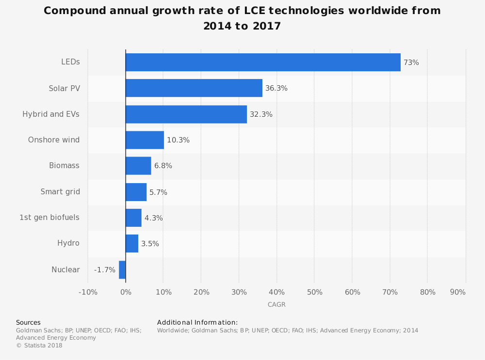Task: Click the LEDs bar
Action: pyautogui.click(x=263, y=63)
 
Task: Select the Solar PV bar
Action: pyautogui.click(x=194, y=88)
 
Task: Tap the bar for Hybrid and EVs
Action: pyautogui.click(x=186, y=114)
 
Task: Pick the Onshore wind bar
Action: pyautogui.click(x=145, y=140)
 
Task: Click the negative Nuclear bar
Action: pyautogui.click(x=122, y=270)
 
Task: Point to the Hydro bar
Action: pyautogui.click(x=132, y=243)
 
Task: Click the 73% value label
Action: pyautogui.click(x=411, y=63)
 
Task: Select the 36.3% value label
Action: pyautogui.click(x=276, y=88)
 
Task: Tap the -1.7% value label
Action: pyautogui.click(x=105, y=270)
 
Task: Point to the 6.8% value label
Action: pyautogui.click(x=163, y=166)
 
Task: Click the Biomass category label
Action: pyautogui.click(x=64, y=166)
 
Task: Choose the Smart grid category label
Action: pyautogui.click(x=60, y=192)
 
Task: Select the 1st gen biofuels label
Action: pyautogui.click(x=49, y=218)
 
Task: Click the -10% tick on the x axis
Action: pyautogui.click(x=88, y=292)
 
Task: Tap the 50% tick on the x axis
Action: pyautogui.click(x=315, y=292)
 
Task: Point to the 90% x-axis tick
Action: pyautogui.click(x=458, y=292)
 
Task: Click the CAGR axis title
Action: pyautogui.click(x=276, y=305)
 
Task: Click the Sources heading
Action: pyautogui.click(x=28, y=323)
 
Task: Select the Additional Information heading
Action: pyautogui.click(x=197, y=323)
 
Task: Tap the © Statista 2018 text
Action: pyautogui.click(x=39, y=345)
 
